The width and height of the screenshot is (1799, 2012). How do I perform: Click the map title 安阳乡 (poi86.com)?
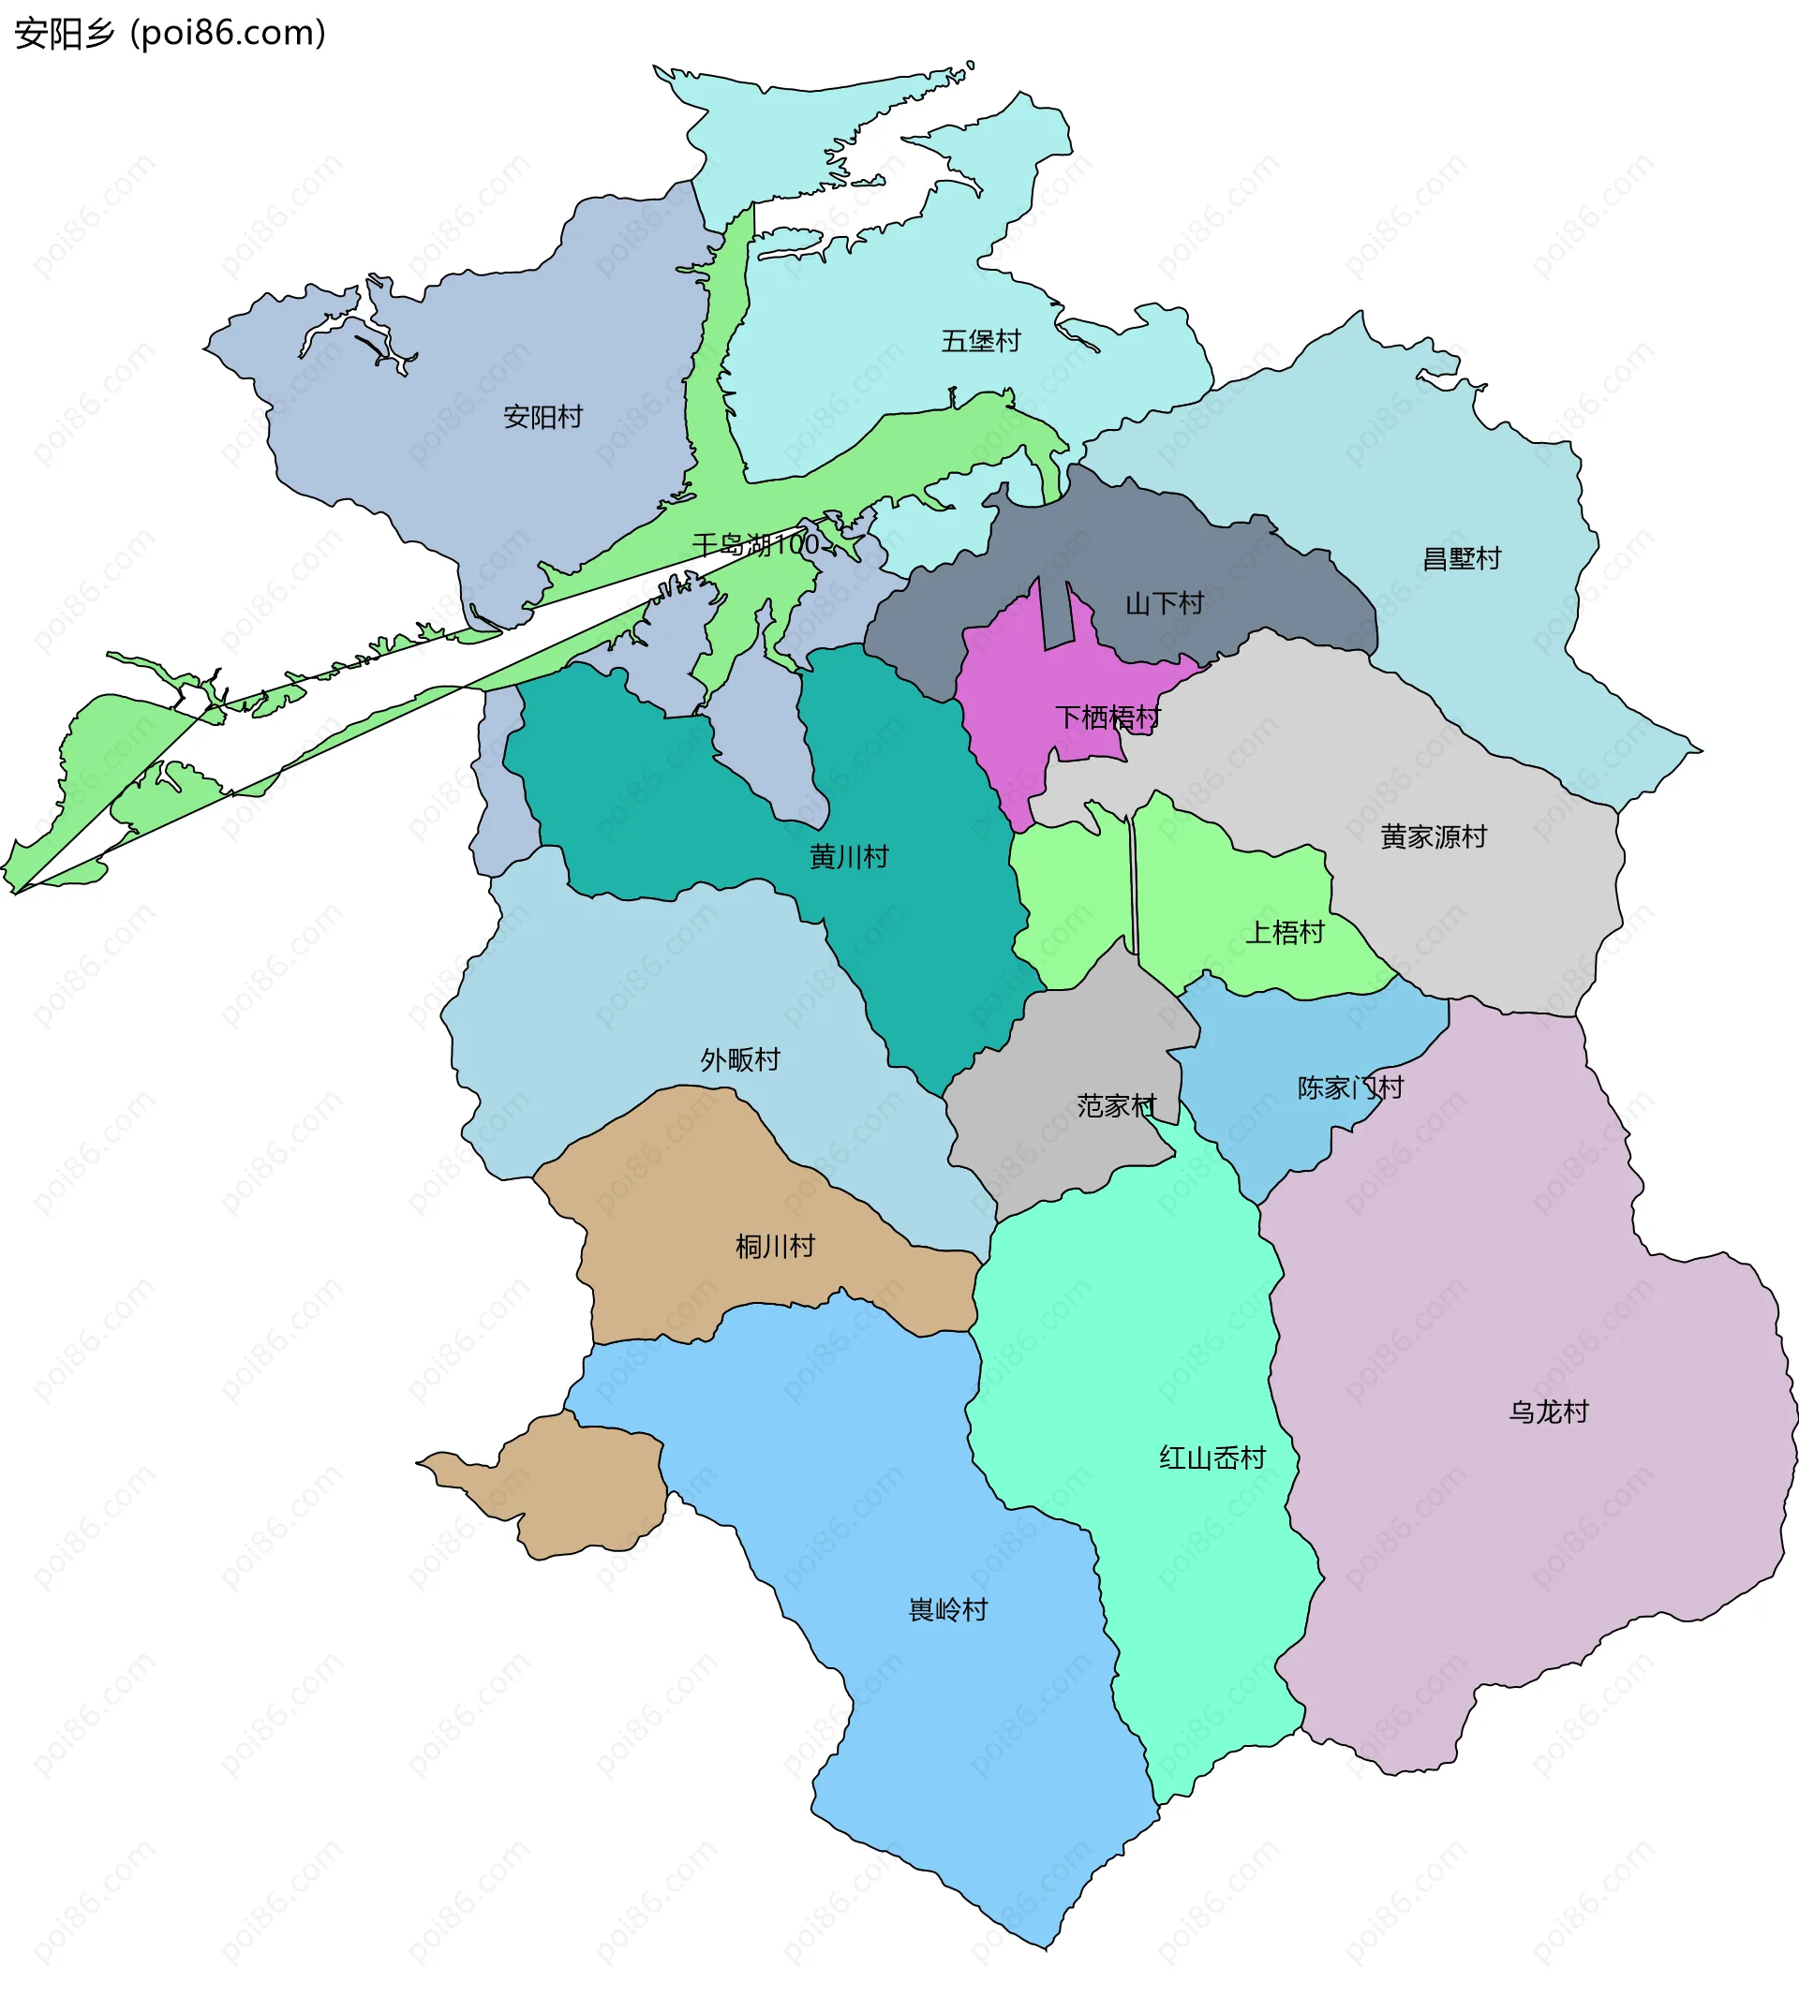coord(170,34)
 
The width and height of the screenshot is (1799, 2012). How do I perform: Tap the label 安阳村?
coord(543,417)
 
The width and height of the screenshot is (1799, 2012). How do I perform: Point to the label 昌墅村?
coord(1461,559)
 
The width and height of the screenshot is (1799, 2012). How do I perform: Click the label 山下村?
coord(1165,603)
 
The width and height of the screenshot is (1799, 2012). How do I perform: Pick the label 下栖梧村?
coord(1108,718)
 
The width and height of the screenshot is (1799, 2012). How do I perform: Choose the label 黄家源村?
coord(1434,837)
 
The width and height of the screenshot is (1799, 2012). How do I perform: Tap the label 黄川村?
coord(849,857)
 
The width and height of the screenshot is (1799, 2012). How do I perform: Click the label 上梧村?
coord(1284,933)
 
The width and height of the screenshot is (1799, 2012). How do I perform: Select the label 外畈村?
coord(740,1060)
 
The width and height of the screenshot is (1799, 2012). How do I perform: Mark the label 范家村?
coord(1116,1106)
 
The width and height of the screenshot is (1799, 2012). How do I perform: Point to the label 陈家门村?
coord(1350,1088)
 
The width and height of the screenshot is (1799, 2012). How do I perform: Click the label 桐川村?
coord(775,1247)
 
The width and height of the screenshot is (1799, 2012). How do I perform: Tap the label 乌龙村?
coord(1548,1413)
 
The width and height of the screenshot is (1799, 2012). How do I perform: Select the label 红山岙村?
coord(1212,1458)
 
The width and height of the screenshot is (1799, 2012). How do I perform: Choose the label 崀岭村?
coord(948,1610)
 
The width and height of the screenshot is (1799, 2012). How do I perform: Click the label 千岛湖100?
coord(756,544)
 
